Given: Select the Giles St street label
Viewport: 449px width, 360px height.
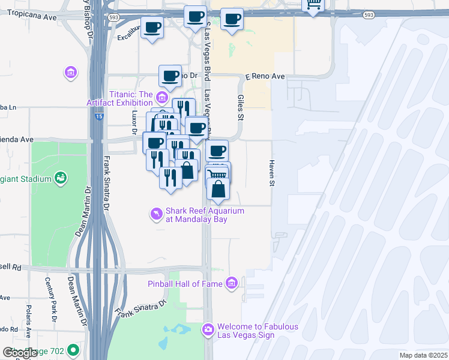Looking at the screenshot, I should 240,107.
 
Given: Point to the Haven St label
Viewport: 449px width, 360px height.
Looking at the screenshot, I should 271,173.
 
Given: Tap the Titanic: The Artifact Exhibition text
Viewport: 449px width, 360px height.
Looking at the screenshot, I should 131,98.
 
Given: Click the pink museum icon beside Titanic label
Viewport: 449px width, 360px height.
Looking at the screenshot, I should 161,97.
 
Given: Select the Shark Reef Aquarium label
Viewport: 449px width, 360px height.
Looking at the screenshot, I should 205,215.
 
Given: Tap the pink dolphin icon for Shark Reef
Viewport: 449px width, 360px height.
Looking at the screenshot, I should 156,214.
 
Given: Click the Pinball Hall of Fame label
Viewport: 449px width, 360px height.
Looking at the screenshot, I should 185,283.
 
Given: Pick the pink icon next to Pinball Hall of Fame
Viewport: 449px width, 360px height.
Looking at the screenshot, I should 232,283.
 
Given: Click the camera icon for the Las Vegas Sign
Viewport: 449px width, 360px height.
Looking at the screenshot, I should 208,329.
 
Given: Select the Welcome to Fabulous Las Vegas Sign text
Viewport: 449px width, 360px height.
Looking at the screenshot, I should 258,331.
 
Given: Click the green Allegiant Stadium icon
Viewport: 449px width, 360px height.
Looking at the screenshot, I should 60,178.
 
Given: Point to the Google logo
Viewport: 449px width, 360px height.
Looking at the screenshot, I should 20,352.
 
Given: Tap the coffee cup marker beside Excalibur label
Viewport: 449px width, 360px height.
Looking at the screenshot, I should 152,28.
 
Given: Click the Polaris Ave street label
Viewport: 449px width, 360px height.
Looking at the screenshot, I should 28,320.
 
